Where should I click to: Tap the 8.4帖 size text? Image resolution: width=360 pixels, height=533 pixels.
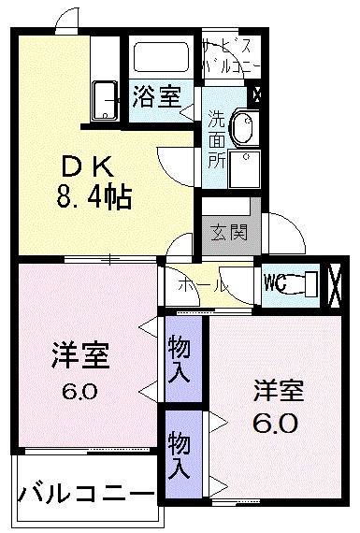pyautogui.click(x=91, y=197)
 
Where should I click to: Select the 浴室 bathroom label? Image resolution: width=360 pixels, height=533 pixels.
pyautogui.click(x=156, y=96)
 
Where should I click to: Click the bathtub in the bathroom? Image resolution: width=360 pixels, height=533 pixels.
pyautogui.click(x=162, y=59)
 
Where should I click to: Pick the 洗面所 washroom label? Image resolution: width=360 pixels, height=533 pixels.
pyautogui.click(x=216, y=139)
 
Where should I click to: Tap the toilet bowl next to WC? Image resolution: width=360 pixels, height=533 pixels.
pyautogui.click(x=304, y=281)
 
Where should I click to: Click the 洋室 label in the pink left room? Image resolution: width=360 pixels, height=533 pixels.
pyautogui.click(x=80, y=356)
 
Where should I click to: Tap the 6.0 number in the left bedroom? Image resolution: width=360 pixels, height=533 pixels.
pyautogui.click(x=79, y=390)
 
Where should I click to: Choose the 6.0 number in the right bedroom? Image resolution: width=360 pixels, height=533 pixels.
pyautogui.click(x=276, y=424)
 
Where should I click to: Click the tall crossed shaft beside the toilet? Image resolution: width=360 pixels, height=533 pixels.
pyautogui.click(x=338, y=282)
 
